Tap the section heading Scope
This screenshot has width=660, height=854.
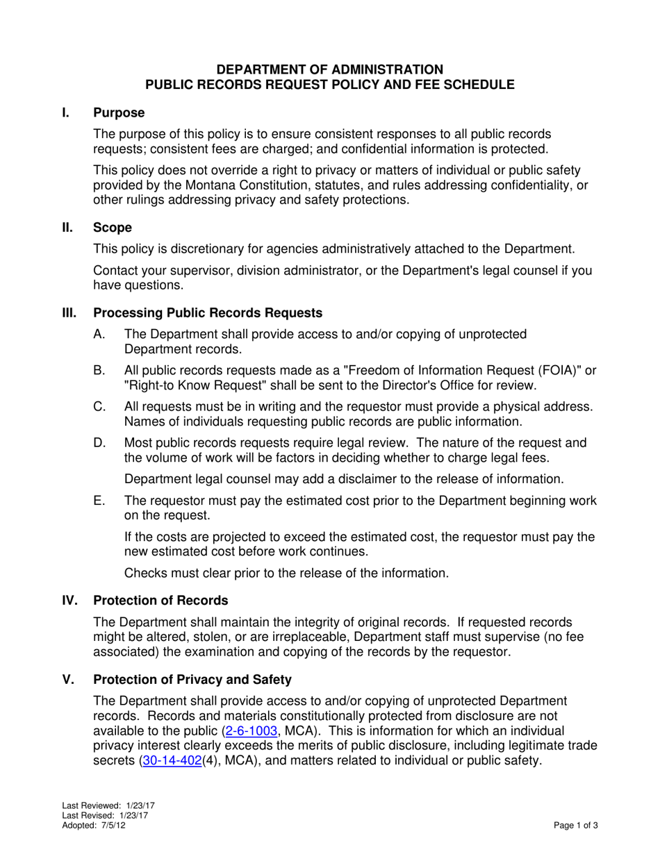coord(113,227)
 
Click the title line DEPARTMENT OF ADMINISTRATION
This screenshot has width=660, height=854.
coord(329,69)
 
